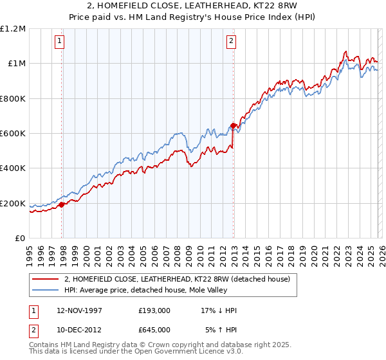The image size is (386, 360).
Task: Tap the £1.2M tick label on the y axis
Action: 13,29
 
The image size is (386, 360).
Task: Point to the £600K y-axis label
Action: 13,134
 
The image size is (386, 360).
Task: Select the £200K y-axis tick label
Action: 13,204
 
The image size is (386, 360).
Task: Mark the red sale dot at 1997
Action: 62,205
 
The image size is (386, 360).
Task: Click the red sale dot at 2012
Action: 233,126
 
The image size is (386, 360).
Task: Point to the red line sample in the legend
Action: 46,279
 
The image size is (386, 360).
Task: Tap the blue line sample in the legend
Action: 46,290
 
